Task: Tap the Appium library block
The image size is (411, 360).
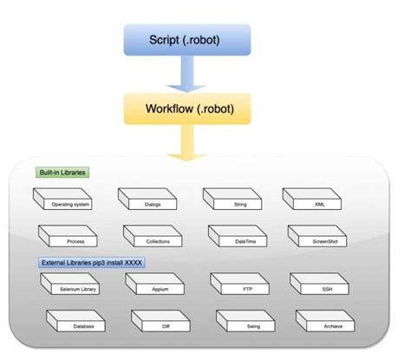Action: point(158,285)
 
